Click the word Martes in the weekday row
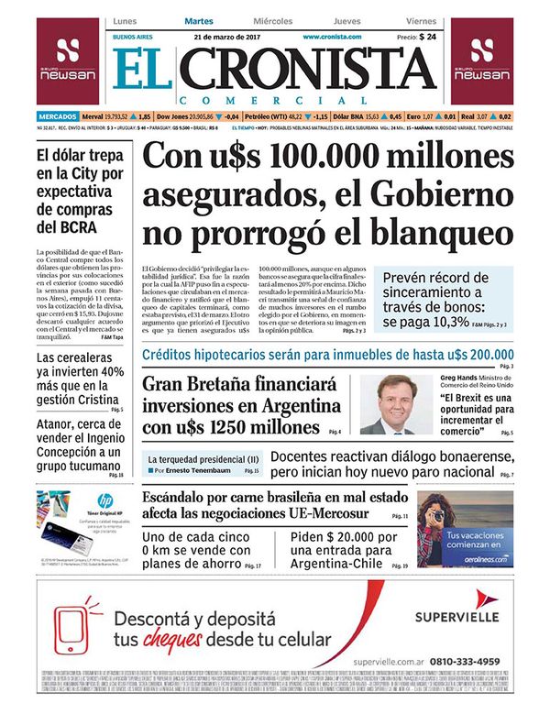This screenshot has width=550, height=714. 199,20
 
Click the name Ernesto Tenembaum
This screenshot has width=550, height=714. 203,470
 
